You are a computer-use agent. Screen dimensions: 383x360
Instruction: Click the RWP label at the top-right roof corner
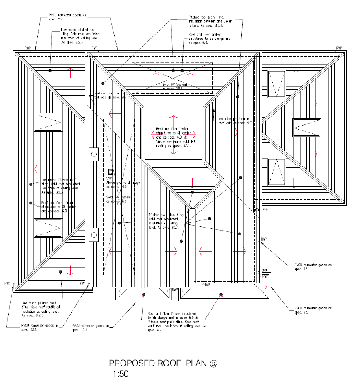coord(339,48)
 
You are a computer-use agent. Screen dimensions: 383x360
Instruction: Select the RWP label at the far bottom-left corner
coord(7,283)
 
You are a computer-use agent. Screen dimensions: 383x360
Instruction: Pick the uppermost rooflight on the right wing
coord(276,83)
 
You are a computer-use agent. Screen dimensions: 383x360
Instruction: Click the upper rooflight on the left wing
coord(48,122)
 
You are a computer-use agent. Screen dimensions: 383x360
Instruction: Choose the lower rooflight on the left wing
coord(48,228)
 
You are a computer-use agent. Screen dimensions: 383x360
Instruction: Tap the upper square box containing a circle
coord(94,154)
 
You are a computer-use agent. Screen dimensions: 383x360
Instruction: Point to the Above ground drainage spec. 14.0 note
coord(117,185)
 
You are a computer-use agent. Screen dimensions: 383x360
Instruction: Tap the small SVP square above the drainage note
coord(111,172)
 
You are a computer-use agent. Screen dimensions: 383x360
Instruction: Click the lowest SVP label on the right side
coord(265,271)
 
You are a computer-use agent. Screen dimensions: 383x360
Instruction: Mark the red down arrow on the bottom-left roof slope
coord(71,270)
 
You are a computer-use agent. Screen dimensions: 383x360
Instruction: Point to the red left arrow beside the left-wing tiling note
coord(39,169)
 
